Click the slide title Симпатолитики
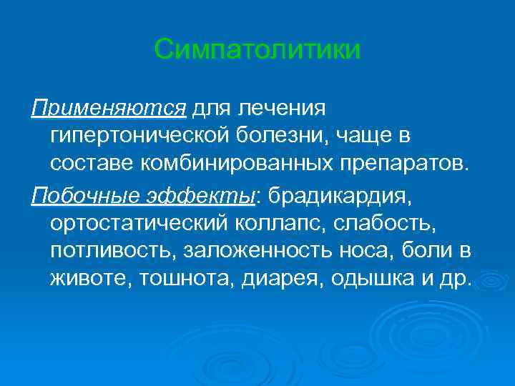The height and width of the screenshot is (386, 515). [x=257, y=51]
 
